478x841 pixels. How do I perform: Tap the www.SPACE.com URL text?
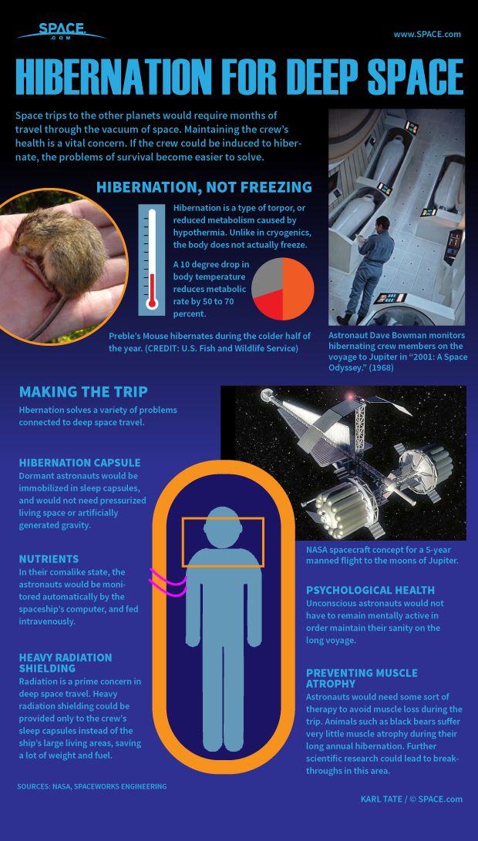pos(427,34)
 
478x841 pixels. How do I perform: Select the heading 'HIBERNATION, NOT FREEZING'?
pos(204,187)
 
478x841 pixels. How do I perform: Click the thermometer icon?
pos(152,260)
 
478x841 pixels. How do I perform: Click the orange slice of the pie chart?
pos(299,282)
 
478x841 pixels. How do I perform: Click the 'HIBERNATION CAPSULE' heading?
pos(79,463)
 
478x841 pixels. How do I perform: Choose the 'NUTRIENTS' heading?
pos(49,558)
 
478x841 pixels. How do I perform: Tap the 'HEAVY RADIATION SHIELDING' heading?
pos(66,663)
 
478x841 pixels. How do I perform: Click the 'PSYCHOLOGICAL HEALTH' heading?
pos(375,589)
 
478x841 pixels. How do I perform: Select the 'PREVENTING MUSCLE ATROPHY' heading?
pos(362,678)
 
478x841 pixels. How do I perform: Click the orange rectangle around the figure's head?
pos(223,542)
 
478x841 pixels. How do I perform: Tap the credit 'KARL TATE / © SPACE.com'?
pos(411,799)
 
